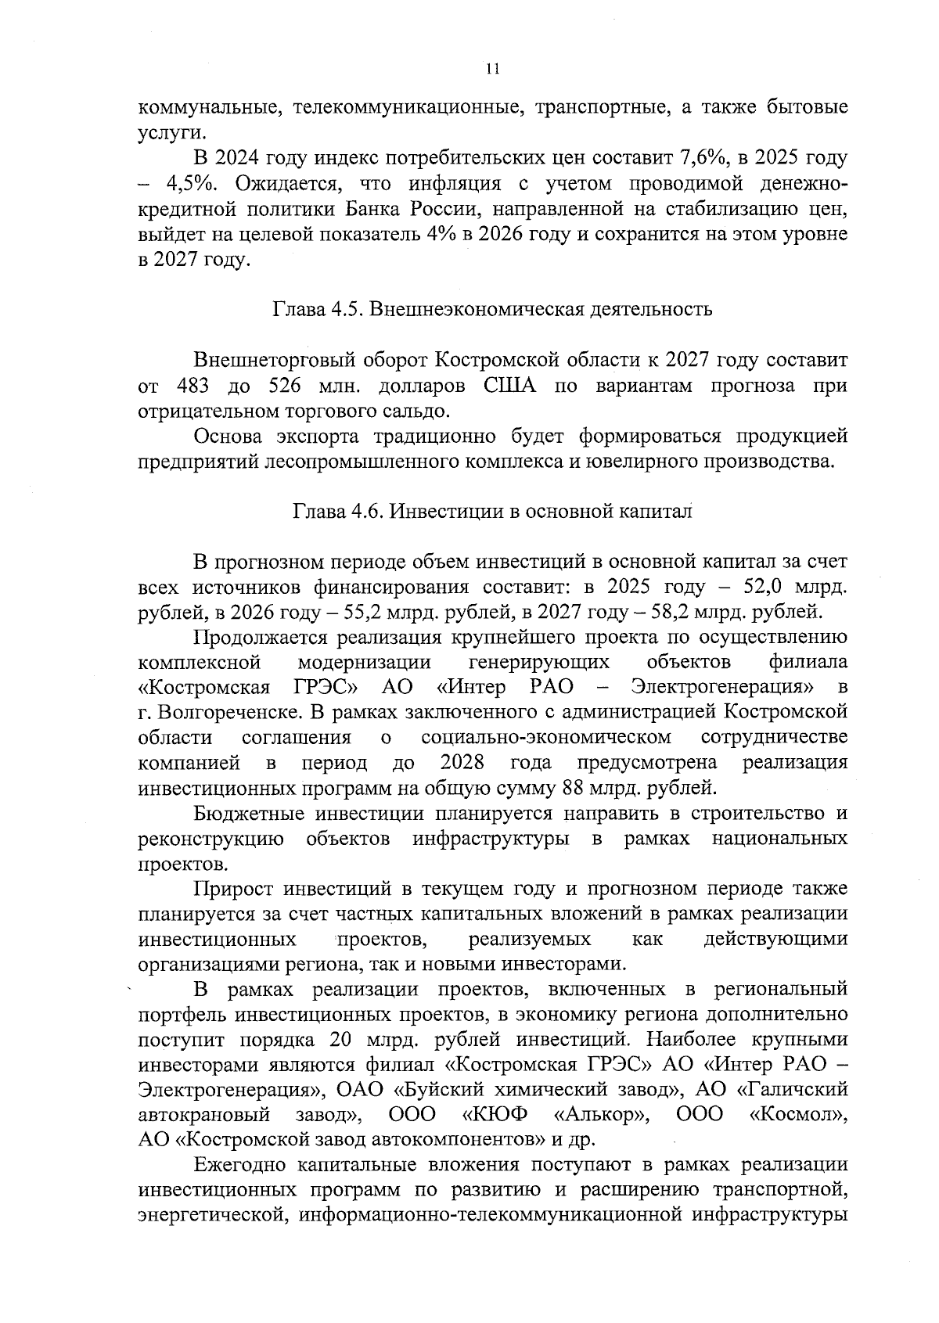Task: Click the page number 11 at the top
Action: point(492,68)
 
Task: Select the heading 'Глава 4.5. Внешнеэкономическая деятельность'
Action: point(492,309)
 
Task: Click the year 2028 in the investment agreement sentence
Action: point(462,763)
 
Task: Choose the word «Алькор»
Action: point(602,1114)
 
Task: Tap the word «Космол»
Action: point(798,1114)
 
